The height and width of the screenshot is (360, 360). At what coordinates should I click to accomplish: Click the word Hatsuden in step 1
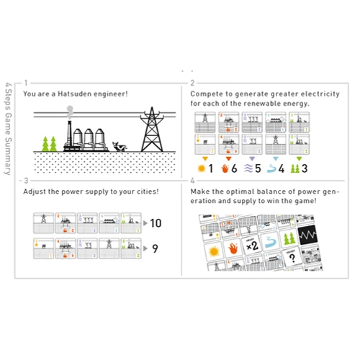point(75,94)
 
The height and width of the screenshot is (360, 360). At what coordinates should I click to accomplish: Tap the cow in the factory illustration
point(120,146)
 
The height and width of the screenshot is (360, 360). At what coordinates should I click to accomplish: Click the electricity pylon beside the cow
point(152,130)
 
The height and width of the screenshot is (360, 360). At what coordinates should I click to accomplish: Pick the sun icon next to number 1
point(202,168)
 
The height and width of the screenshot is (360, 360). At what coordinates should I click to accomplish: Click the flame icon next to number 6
point(225,168)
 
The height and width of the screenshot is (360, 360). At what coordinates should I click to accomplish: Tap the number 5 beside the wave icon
point(258,168)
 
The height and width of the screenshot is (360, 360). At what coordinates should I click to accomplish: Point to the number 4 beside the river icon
point(282,168)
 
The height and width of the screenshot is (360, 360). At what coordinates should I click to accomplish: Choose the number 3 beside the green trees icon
point(305,168)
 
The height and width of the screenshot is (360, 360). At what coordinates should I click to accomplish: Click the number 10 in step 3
point(156,223)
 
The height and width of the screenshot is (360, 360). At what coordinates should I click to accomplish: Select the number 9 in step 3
point(156,248)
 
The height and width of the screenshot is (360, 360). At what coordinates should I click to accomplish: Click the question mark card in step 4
point(292,257)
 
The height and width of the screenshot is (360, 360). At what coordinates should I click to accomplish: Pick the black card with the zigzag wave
point(307,235)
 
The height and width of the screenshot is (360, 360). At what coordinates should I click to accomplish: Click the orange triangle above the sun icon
point(205,158)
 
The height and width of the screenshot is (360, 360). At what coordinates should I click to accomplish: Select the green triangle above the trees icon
point(299,158)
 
